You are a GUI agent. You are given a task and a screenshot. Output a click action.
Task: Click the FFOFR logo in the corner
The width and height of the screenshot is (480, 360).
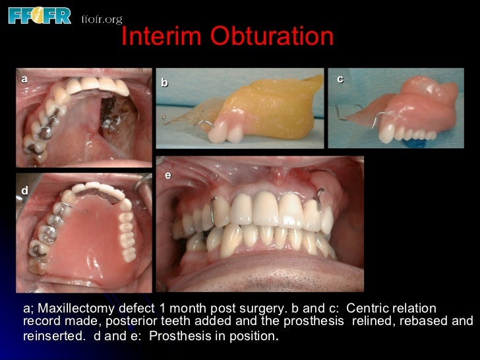point(39,15)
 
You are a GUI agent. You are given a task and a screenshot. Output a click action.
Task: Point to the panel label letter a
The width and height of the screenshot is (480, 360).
point(24,79)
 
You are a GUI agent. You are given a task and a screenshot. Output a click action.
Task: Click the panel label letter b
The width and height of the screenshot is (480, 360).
point(165,83)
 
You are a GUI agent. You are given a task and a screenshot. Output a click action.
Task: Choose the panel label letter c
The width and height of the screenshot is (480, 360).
point(340,79)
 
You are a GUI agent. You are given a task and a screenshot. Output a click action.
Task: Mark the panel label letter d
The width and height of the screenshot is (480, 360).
point(24,191)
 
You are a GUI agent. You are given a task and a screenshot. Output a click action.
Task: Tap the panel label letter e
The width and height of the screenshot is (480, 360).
point(168,175)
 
